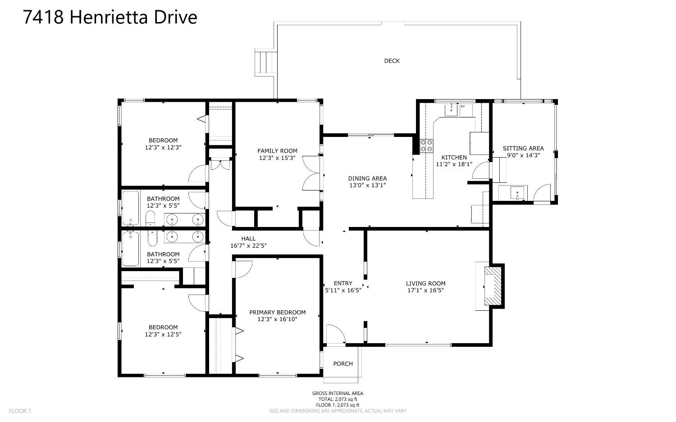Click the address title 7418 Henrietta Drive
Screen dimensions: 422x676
110,17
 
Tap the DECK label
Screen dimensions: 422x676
392,61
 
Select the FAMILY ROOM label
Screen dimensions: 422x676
277,151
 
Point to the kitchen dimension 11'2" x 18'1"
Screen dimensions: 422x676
454,164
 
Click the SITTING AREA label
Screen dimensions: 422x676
523,148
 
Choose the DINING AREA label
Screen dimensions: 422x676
367,178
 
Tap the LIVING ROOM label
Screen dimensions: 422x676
425,283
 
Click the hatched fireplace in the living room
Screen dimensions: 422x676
493,286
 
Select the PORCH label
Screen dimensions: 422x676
343,363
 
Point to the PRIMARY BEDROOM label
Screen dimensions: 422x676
277,312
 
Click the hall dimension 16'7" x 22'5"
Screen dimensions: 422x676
249,246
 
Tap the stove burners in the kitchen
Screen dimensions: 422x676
426,145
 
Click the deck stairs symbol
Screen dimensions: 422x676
266,63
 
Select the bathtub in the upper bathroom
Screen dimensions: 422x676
131,208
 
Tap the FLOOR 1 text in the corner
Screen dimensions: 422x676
20,411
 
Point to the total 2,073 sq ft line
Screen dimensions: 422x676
338,399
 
